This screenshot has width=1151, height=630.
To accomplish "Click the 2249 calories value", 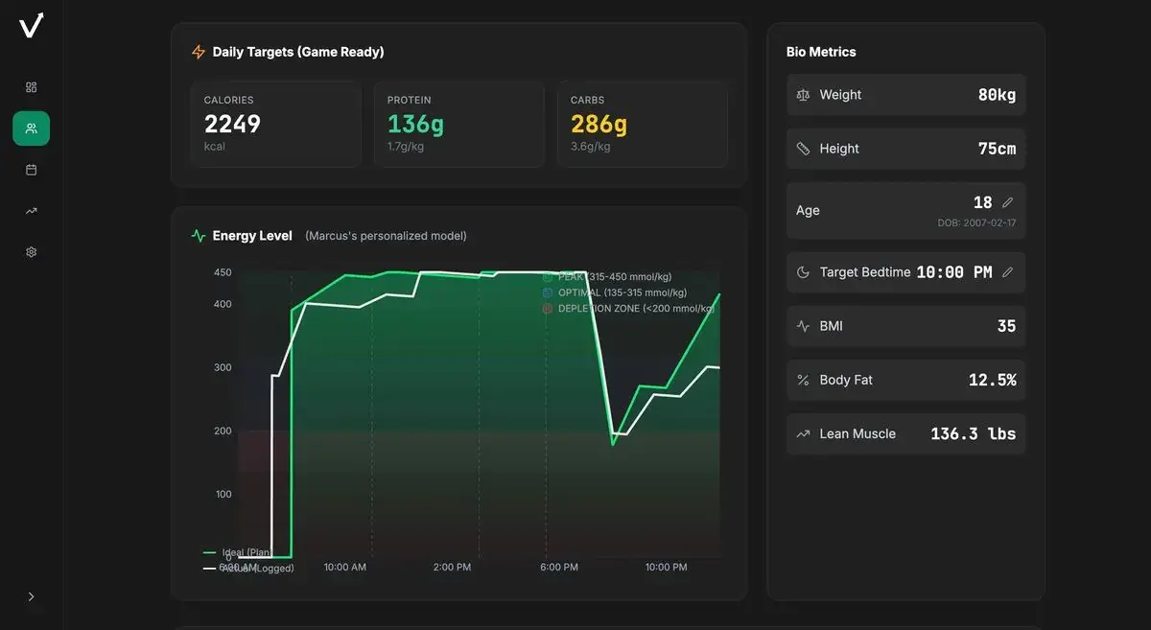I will coord(232,124).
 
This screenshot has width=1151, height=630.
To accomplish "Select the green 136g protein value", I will coord(415,124).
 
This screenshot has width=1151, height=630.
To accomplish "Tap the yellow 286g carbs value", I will coord(599,124).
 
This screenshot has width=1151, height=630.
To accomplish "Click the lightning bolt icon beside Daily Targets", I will coord(199,52).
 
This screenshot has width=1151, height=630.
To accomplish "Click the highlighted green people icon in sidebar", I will coord(31,128).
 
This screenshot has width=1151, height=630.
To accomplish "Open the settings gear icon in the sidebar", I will coord(31,252).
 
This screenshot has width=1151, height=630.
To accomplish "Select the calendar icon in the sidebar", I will coord(31,170).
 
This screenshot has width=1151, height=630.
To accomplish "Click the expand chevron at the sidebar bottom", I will coord(31,596).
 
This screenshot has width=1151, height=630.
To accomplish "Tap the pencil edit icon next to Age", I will coord(1007,202).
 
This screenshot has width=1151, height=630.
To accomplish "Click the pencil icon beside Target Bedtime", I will coord(1007,272).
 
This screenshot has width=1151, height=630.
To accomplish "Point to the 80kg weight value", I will coord(997,95).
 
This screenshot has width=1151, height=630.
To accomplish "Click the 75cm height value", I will coord(997,149).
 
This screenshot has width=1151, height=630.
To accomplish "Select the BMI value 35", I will coord(1006,326).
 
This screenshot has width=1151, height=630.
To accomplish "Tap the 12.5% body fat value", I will coord(992,380).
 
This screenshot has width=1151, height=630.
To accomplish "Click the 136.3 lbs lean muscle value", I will coord(973,433).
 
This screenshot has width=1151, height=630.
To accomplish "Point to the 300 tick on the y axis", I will coord(223,367).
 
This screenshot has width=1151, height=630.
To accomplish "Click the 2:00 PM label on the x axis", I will coord(452,567).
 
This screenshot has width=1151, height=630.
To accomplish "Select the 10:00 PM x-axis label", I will coord(666,567).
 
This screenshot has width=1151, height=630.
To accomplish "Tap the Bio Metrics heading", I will coord(821,52).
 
